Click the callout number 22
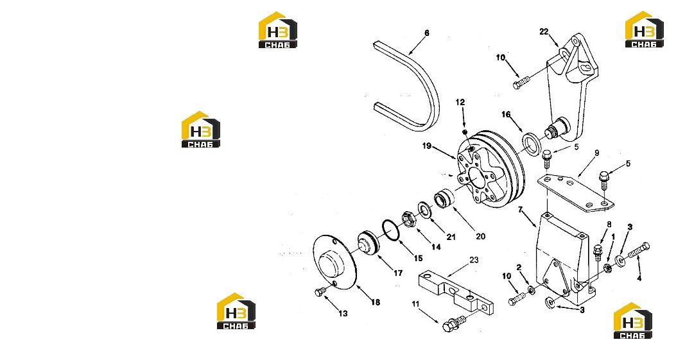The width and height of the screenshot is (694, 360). pyautogui.click(x=544, y=31)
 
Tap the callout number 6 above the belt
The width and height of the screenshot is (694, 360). pyautogui.click(x=427, y=33)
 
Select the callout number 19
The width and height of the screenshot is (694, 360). pyautogui.click(x=427, y=146)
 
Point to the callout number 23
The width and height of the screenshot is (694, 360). pyautogui.click(x=474, y=260)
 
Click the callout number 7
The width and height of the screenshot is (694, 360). pyautogui.click(x=521, y=209)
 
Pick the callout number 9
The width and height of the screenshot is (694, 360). pyautogui.click(x=596, y=153)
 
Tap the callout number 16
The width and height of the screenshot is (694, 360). pyautogui.click(x=506, y=114)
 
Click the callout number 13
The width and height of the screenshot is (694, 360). pyautogui.click(x=343, y=314)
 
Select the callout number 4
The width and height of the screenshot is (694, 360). pyautogui.click(x=639, y=279)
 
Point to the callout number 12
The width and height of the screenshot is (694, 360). pyautogui.click(x=460, y=102)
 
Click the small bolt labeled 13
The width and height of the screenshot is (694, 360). pyautogui.click(x=320, y=292)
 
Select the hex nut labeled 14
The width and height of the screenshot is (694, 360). pyautogui.click(x=408, y=220)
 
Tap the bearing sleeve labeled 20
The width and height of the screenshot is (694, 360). pyautogui.click(x=444, y=198)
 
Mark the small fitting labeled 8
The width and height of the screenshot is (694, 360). pyautogui.click(x=598, y=251)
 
